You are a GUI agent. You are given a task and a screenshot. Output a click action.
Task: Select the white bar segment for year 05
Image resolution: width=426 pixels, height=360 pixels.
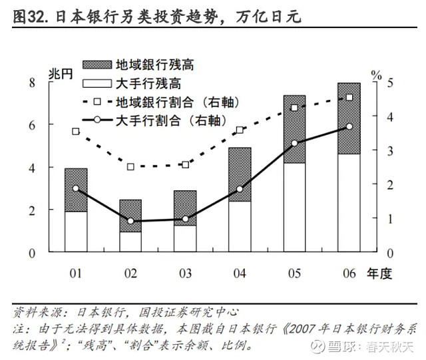pos(295,208)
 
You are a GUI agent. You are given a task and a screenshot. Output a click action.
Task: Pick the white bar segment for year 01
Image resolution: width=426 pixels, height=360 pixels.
pos(77,232)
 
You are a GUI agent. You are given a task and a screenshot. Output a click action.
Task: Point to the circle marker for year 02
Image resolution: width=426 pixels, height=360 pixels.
pos(131,221)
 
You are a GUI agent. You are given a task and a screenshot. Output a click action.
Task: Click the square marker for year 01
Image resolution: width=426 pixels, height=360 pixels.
pos(77,131)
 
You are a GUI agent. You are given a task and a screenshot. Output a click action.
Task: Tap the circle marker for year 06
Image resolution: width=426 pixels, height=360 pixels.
pos(349,126)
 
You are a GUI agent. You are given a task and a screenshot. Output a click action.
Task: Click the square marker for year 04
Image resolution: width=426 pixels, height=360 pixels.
pos(240,130)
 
